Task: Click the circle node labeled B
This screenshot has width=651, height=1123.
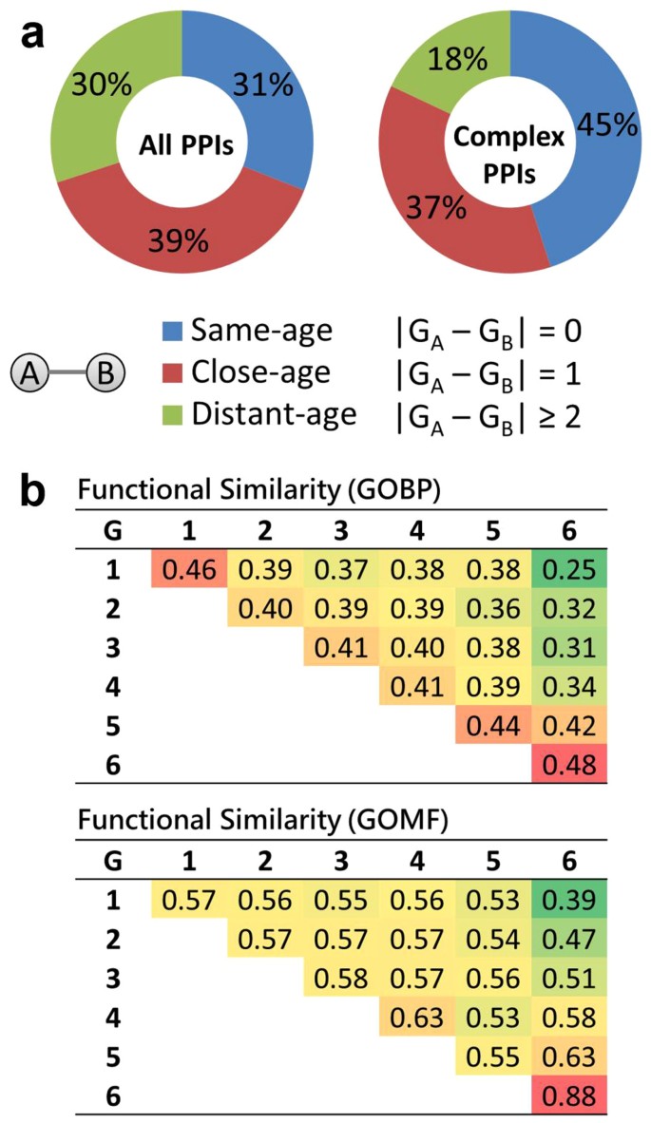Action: point(104,374)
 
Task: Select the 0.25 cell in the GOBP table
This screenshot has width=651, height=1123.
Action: point(573,571)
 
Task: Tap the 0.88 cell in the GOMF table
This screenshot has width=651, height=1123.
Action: point(573,1094)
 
